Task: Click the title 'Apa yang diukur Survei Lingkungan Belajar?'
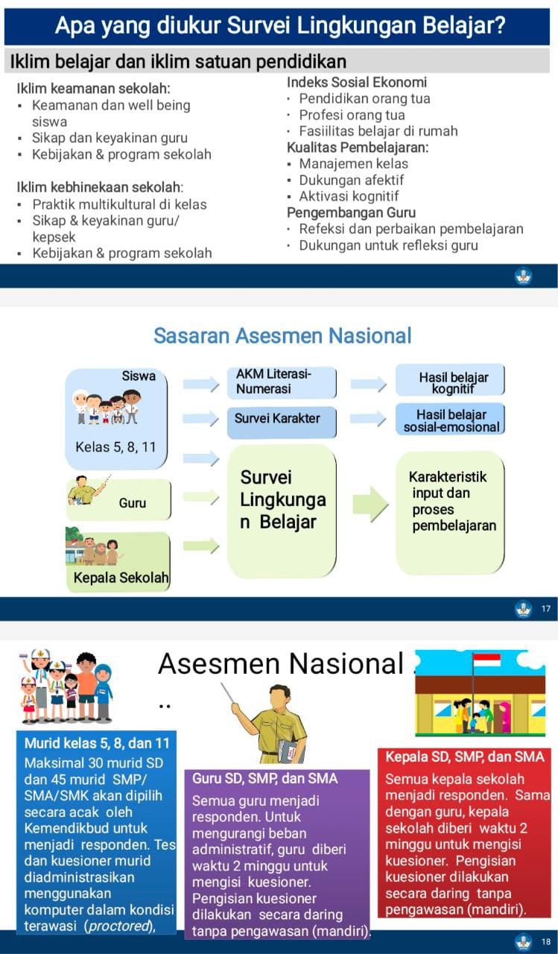[280, 27]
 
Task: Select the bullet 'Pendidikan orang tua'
[364, 98]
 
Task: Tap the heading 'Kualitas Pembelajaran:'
[358, 147]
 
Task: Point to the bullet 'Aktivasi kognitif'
[349, 196]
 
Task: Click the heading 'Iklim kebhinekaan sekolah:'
[100, 187]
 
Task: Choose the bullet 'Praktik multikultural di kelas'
[119, 204]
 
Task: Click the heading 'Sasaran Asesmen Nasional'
[282, 335]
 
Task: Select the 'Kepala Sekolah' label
[121, 578]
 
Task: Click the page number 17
[546, 609]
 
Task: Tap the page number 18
[546, 941]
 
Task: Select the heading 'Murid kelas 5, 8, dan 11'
[97, 743]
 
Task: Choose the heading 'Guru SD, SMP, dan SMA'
[264, 779]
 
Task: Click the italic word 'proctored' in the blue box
[118, 926]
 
